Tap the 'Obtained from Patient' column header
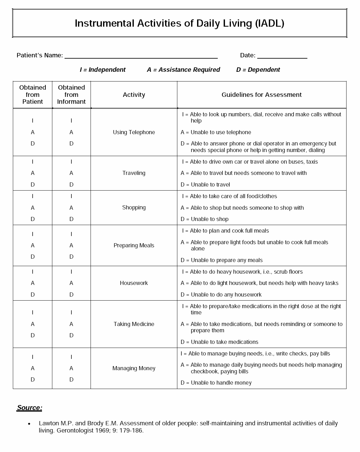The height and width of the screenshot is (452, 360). pyautogui.click(x=33, y=95)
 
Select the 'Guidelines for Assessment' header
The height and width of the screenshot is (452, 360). pyautogui.click(x=262, y=95)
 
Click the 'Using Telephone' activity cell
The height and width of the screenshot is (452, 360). pyautogui.click(x=134, y=132)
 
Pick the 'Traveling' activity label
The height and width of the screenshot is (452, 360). pyautogui.click(x=134, y=173)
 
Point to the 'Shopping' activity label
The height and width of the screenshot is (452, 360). pyautogui.click(x=134, y=208)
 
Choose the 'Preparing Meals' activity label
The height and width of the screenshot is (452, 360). pyautogui.click(x=134, y=245)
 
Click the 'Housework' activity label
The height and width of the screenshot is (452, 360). pyautogui.click(x=134, y=283)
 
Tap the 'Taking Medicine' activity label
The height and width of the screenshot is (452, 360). pyautogui.click(x=134, y=324)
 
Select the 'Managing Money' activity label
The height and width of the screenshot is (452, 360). pyautogui.click(x=134, y=368)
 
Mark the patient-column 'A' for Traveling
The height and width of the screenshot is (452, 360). pyautogui.click(x=33, y=173)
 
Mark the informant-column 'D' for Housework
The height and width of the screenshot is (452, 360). pyautogui.click(x=71, y=295)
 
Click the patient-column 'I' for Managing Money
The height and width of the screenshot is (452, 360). pyautogui.click(x=33, y=357)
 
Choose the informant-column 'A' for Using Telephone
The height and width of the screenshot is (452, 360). pyautogui.click(x=71, y=132)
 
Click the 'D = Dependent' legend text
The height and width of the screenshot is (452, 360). pyautogui.click(x=258, y=70)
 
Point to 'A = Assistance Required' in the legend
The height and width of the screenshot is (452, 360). pyautogui.click(x=183, y=70)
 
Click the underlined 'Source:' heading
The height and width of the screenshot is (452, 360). pyautogui.click(x=29, y=408)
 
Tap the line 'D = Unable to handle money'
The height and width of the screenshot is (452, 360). pyautogui.click(x=216, y=383)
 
